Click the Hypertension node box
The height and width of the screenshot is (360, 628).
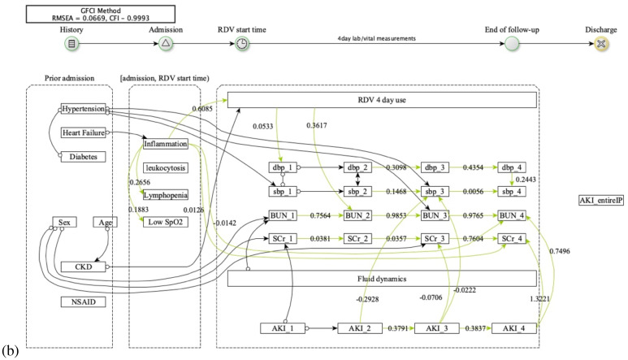pyautogui.click(x=84, y=109)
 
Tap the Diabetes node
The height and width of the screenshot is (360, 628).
pyautogui.click(x=84, y=157)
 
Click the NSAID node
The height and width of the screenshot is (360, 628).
pyautogui.click(x=84, y=301)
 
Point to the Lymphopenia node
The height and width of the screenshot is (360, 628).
pyautogui.click(x=165, y=196)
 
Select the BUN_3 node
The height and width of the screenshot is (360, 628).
pyautogui.click(x=434, y=216)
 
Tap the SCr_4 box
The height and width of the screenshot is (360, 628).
pyautogui.click(x=513, y=239)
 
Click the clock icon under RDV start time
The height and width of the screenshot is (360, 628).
pyautogui.click(x=242, y=43)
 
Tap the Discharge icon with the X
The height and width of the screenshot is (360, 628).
pyautogui.click(x=600, y=43)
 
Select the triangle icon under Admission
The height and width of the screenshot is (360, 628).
pyautogui.click(x=165, y=43)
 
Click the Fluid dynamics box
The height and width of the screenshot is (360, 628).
pyautogui.click(x=381, y=279)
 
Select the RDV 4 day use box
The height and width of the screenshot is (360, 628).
pyautogui.click(x=381, y=100)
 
